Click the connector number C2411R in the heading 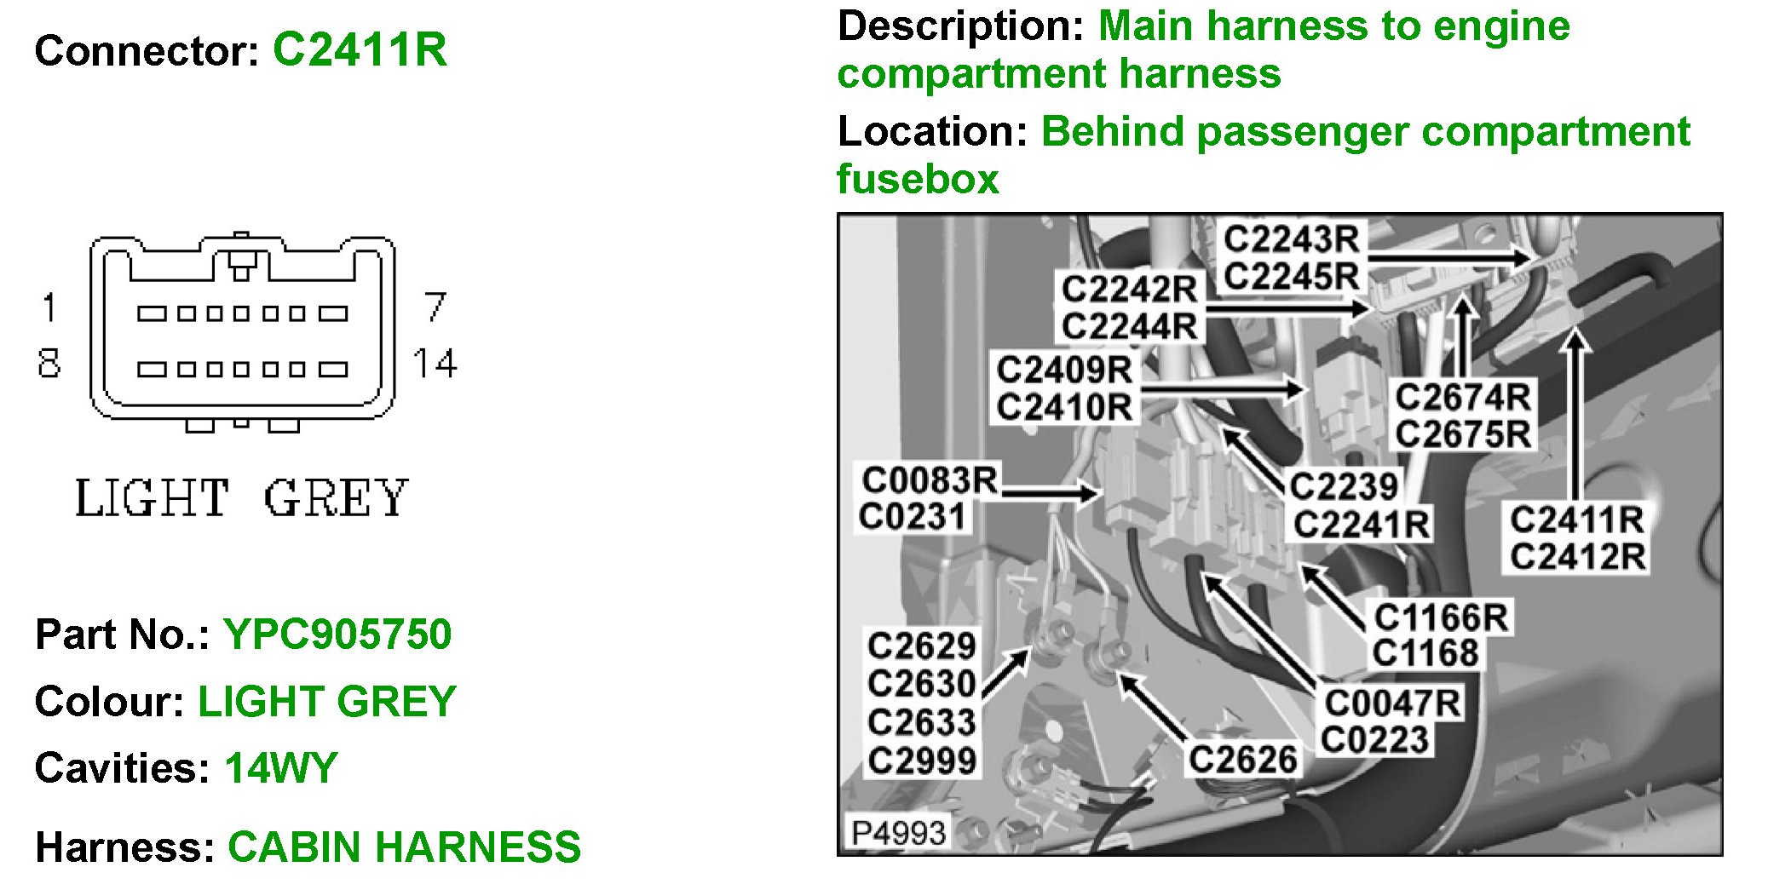point(360,49)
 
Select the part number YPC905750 point(337,634)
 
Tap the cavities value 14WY point(281,768)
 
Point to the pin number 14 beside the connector point(435,364)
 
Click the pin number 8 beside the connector point(49,364)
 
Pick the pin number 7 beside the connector point(435,307)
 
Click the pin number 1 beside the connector point(49,307)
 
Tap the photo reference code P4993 point(898,832)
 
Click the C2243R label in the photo point(1292,239)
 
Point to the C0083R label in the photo point(929,480)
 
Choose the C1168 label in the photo point(1425,653)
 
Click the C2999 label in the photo point(921,761)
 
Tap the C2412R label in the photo point(1577,557)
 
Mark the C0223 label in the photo point(1374,740)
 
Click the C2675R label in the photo point(1462,434)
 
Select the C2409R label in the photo point(1064,370)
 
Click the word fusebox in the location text point(918,180)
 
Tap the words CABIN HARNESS point(404,847)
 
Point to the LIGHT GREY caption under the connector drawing point(242,498)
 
